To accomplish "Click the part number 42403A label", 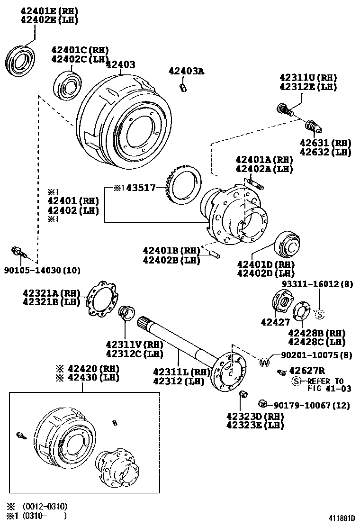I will click(x=186, y=71).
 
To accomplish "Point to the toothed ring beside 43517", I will click(x=182, y=187).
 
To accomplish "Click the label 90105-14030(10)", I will click(x=42, y=270).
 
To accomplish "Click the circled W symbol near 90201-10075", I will click(x=264, y=363).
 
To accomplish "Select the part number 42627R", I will click(x=306, y=371).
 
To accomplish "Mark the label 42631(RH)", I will click(x=318, y=143).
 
